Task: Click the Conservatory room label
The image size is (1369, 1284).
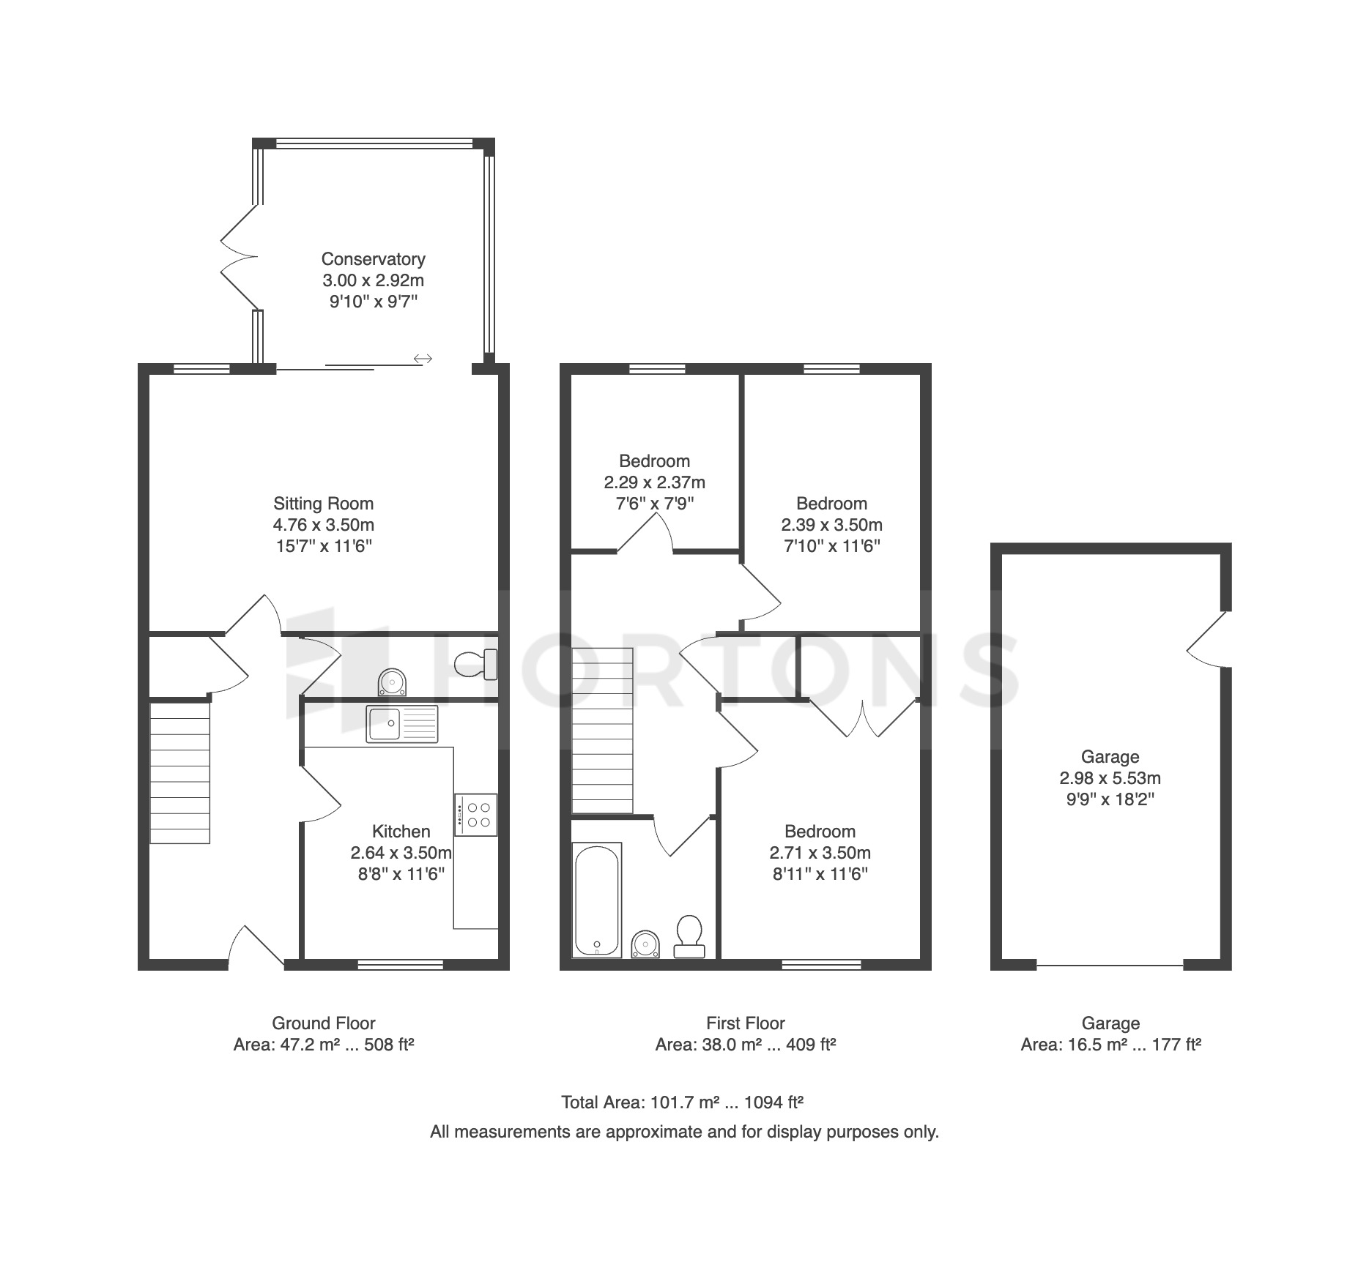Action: (373, 259)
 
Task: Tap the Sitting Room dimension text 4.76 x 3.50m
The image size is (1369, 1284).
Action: (323, 525)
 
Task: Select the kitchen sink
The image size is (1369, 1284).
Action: (403, 725)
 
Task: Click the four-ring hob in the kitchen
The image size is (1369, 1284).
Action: (475, 815)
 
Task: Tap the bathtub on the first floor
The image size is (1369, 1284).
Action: (597, 900)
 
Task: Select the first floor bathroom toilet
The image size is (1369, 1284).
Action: (689, 936)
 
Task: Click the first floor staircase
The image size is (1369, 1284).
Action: (602, 731)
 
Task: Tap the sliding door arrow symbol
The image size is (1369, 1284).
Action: (423, 359)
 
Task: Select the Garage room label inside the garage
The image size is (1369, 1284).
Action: (1110, 757)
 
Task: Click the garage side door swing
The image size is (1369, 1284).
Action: (1205, 639)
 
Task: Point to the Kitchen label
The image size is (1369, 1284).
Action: (401, 832)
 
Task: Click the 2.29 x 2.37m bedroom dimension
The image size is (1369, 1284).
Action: (654, 482)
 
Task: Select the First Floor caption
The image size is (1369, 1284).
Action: (746, 1023)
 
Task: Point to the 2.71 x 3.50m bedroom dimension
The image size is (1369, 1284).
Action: (820, 853)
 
